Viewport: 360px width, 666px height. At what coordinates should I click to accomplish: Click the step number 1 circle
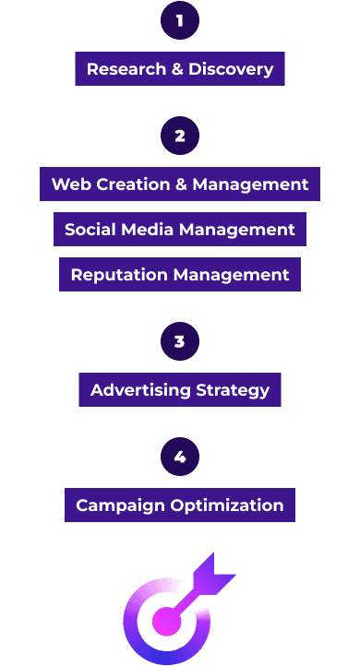point(180,20)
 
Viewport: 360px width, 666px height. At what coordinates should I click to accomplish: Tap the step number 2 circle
point(180,136)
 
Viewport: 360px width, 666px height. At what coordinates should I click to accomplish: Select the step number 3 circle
point(180,341)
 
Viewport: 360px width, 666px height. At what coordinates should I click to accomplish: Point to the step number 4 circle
point(180,457)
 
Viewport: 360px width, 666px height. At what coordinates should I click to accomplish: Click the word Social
point(90,230)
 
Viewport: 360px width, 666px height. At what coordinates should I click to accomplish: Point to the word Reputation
point(119,275)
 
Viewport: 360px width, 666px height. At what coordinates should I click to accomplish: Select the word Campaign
point(120,505)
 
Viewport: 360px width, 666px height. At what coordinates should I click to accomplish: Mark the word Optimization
point(227,505)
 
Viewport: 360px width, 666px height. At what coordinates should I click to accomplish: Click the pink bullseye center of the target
point(166,622)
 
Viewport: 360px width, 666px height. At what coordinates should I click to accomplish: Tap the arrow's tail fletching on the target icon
point(213,572)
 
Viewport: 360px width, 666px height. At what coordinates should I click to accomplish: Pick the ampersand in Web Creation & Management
point(182,184)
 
